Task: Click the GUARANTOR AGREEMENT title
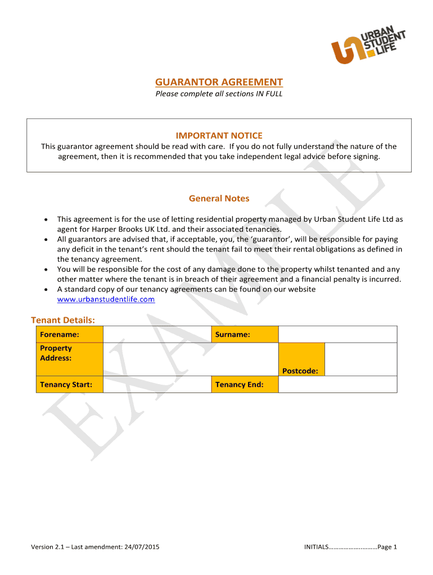pos(219,83)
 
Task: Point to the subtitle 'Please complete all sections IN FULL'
pos(219,94)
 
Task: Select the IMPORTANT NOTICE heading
pos(219,135)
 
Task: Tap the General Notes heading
pos(219,198)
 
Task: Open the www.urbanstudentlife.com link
pos(106,299)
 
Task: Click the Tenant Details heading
pos(62,320)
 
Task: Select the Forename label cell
pos(70,334)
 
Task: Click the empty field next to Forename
pos(157,334)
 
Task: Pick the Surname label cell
pos(244,334)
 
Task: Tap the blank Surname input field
pos(338,334)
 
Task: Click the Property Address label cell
pos(70,359)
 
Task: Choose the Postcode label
pos(300,371)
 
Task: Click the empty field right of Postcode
pos(361,359)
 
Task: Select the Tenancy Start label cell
pos(70,385)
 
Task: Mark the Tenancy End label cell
pos(244,385)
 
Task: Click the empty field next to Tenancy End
pos(338,385)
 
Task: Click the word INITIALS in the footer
pos(316,547)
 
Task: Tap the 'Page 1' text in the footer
pos(387,547)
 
